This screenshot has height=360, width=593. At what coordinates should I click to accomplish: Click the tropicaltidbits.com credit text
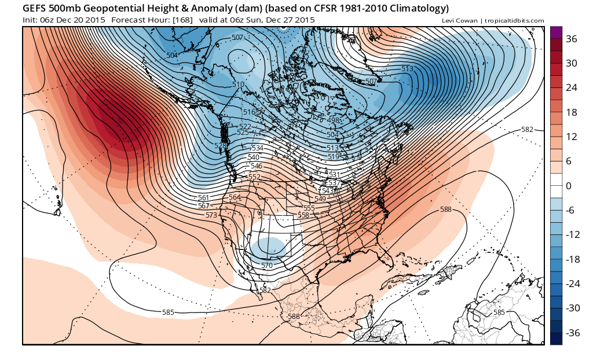point(513,21)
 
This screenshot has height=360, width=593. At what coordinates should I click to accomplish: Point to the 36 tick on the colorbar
point(572,39)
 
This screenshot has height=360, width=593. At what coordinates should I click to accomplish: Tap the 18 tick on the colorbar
point(571,112)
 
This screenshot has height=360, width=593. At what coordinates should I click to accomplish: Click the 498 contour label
point(333,120)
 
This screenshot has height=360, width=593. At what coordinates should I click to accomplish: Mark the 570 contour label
point(266,266)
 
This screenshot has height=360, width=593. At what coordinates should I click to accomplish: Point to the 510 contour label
point(238,85)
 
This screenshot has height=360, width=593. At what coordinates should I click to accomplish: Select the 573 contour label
point(211,215)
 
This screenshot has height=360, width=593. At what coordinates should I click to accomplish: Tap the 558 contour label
point(303,215)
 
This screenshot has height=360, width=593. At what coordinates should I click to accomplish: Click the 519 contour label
point(333,156)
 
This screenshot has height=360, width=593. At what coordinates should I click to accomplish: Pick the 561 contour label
point(203,198)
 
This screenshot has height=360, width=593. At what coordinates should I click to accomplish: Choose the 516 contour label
point(249,112)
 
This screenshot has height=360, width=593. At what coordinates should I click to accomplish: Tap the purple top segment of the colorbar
point(556,32)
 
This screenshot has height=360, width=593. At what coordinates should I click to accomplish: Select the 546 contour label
point(257,166)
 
